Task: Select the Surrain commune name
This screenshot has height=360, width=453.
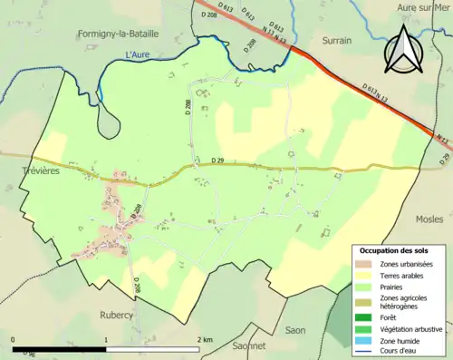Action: (337, 41)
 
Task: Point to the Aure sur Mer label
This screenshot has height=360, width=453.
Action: (423, 7)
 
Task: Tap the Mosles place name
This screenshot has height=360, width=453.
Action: (429, 219)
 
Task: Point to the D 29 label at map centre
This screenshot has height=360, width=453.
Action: (217, 161)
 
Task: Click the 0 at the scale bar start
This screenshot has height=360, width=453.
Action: (14, 339)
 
